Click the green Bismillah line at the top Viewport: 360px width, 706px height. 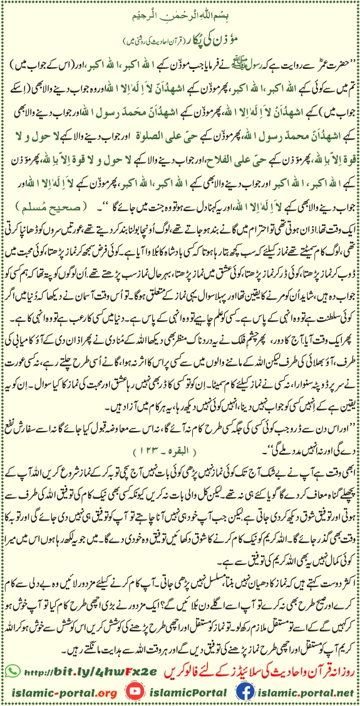[x=180, y=13]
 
